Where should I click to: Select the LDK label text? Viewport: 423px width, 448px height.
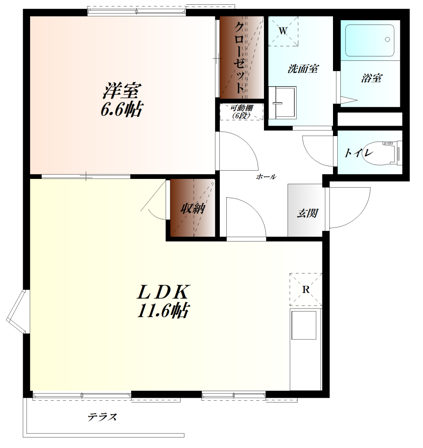pos(163,292)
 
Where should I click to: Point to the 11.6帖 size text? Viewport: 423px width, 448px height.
pos(163,311)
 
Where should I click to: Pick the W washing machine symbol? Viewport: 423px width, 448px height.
pos(283,31)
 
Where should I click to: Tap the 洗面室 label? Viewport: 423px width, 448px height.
pos(303,69)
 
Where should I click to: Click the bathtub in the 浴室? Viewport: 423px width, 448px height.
pos(370,41)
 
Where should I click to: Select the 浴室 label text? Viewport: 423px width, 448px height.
pos(371,78)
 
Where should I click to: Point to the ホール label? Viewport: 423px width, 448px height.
pos(266,177)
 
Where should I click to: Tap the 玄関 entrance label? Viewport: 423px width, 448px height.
pos(307,213)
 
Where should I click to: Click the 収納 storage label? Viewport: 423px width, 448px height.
pos(193,209)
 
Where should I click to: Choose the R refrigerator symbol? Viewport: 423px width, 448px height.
pos(306,290)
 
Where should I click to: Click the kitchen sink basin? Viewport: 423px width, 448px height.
pos(304,325)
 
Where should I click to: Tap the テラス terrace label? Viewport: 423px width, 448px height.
pos(102,417)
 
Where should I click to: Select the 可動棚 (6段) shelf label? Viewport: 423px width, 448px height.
pos(242,112)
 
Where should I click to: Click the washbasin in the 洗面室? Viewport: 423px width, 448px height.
pos(283,103)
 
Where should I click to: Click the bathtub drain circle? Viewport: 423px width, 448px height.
pos(387,39)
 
